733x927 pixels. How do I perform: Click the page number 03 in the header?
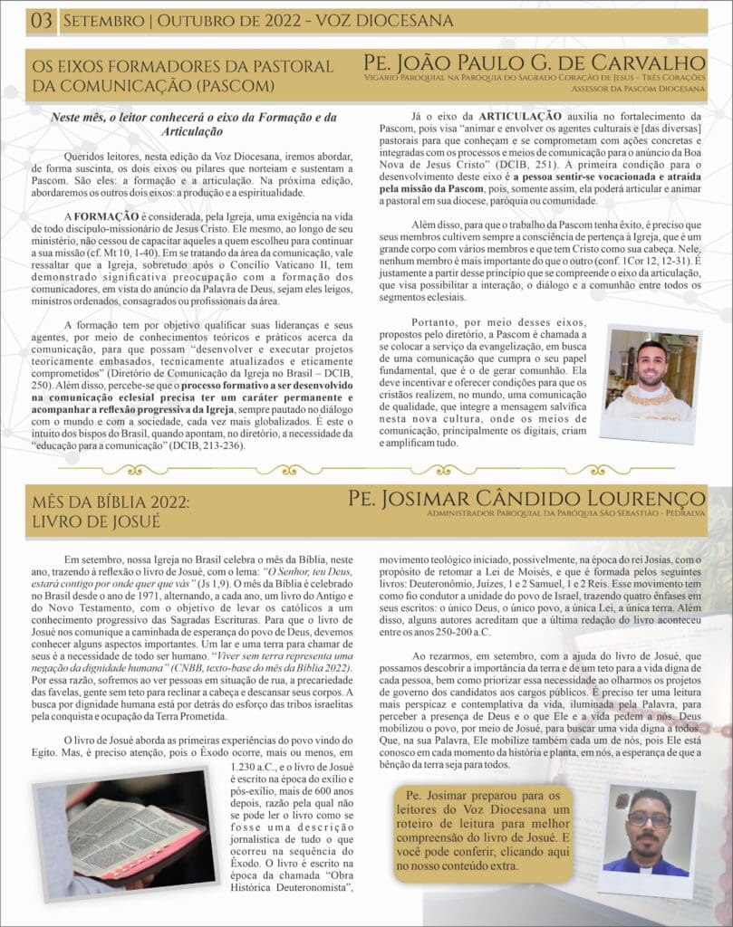[x=42, y=20]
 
